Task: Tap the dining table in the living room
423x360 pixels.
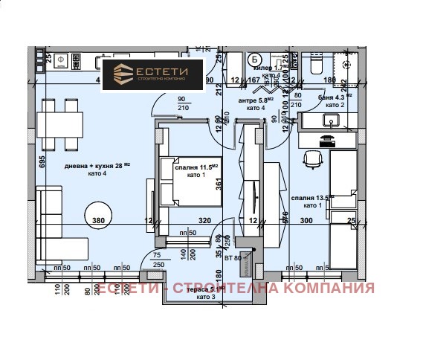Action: point(62,123)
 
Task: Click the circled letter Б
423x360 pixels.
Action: point(255,60)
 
